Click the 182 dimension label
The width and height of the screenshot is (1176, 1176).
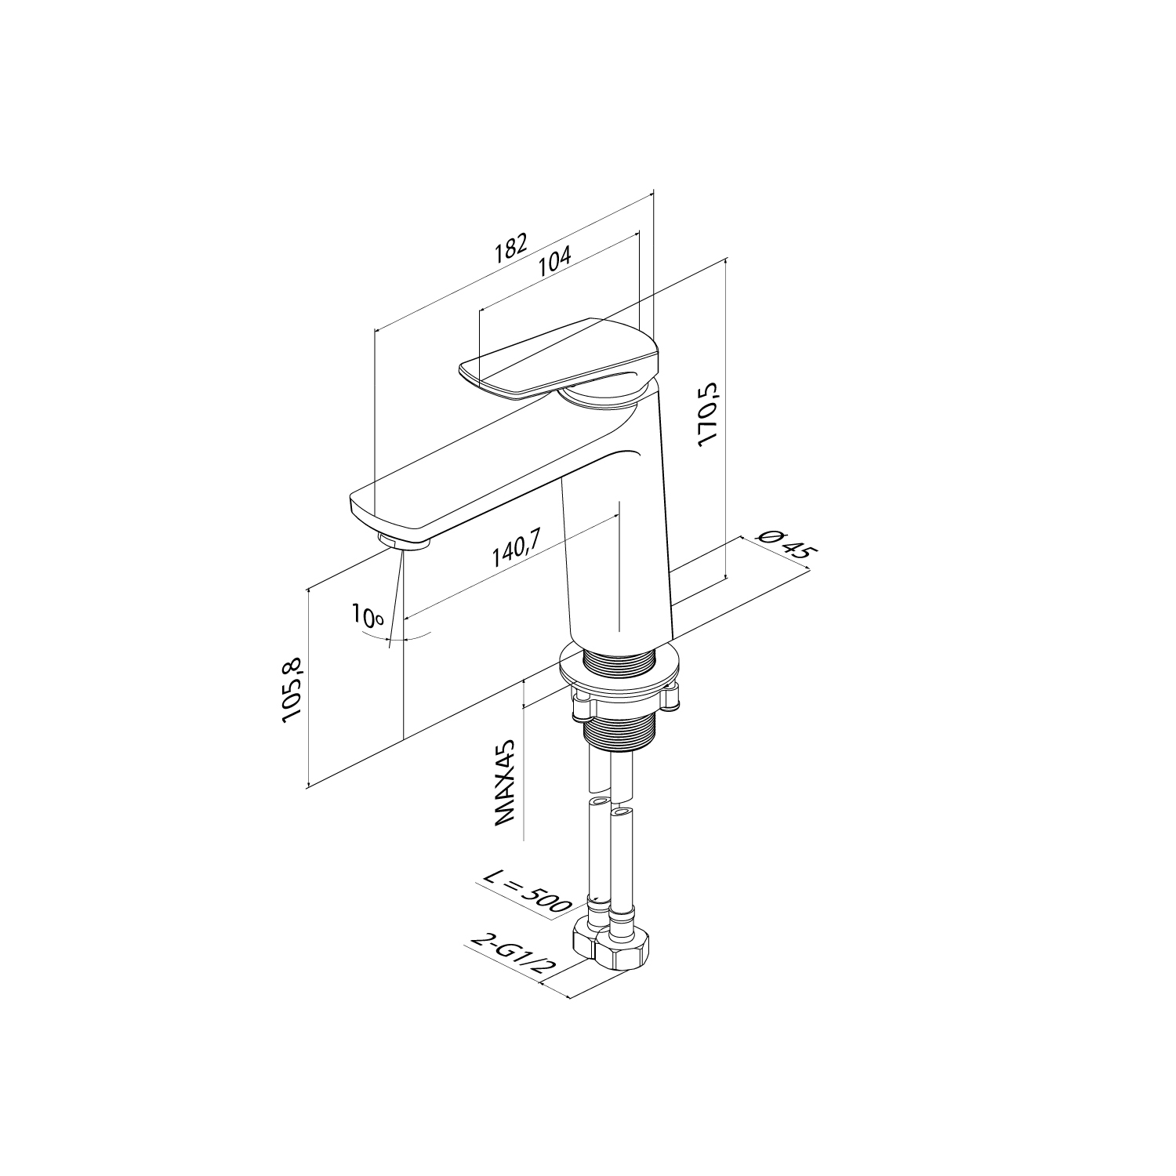coord(510,248)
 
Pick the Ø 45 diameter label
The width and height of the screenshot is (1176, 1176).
coord(785,543)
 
